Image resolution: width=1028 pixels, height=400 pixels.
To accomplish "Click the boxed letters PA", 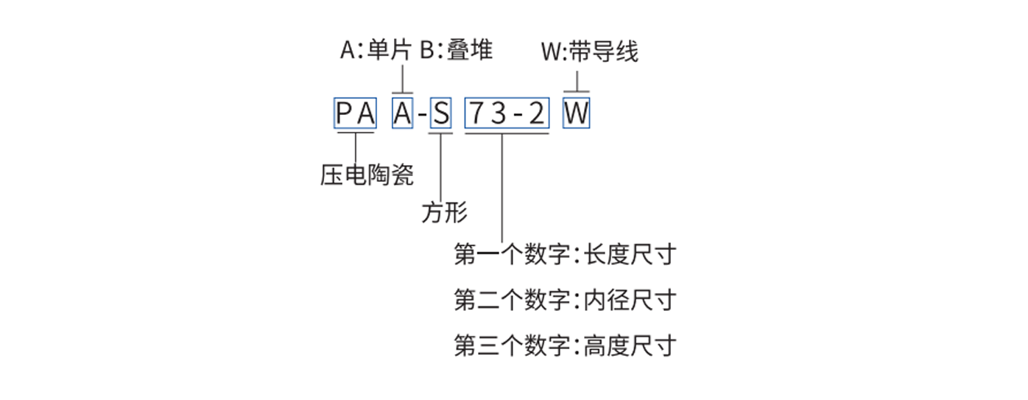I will [356, 114].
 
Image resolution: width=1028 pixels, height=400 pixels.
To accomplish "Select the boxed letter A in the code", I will [402, 114].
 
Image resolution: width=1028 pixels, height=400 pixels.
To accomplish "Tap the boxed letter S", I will [440, 114].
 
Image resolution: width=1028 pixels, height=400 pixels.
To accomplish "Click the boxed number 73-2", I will [507, 114].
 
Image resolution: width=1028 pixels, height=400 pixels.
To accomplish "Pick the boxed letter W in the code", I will [577, 114].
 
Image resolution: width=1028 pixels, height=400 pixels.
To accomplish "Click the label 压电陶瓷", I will [367, 175].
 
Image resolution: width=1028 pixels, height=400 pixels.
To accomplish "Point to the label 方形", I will [444, 213].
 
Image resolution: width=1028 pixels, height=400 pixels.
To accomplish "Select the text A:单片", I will [376, 52].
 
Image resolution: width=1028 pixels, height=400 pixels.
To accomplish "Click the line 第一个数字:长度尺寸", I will [565, 256].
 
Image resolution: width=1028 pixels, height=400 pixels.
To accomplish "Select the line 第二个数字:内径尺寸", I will [565, 300].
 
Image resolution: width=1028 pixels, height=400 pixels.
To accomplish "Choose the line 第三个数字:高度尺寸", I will [565, 345].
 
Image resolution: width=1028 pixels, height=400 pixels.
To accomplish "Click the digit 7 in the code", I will [477, 114].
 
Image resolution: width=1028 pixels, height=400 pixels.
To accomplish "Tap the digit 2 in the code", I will [538, 114].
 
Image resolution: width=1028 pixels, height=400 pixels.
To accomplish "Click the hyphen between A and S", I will [422, 116].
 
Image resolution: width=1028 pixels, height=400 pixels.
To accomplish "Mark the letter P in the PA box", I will [345, 114].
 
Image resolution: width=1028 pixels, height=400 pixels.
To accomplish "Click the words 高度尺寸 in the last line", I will [630, 345].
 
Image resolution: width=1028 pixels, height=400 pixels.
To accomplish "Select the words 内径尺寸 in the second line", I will [630, 300].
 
